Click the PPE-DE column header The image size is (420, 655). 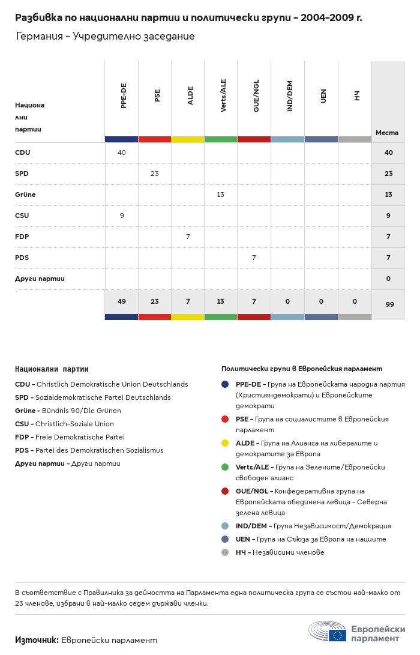pyautogui.click(x=124, y=95)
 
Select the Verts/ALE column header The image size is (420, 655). pyautogui.click(x=223, y=95)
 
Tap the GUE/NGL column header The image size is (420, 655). pyautogui.click(x=256, y=98)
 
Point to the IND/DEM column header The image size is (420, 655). pyautogui.click(x=290, y=96)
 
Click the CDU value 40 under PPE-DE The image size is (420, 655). pyautogui.click(x=122, y=152)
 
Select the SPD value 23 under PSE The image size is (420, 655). pyautogui.click(x=155, y=174)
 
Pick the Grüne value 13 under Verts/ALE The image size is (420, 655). pyautogui.click(x=221, y=195)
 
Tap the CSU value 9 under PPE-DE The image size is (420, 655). pyautogui.click(x=122, y=216)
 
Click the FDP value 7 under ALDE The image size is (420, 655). pyautogui.click(x=188, y=237)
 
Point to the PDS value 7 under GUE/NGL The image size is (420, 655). pyautogui.click(x=254, y=258)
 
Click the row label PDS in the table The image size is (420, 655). pyautogui.click(x=22, y=258)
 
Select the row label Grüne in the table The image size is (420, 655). pyautogui.click(x=25, y=195)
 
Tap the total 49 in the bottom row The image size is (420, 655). pyautogui.click(x=122, y=301)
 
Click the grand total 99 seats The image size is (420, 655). pyautogui.click(x=389, y=304)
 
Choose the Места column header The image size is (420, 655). pyautogui.click(x=387, y=133)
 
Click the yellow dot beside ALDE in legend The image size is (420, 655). pyautogui.click(x=225, y=443)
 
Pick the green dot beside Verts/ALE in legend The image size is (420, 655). pyautogui.click(x=225, y=467)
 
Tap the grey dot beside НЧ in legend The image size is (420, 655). pyautogui.click(x=225, y=552)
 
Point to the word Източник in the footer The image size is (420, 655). pyautogui.click(x=37, y=640)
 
